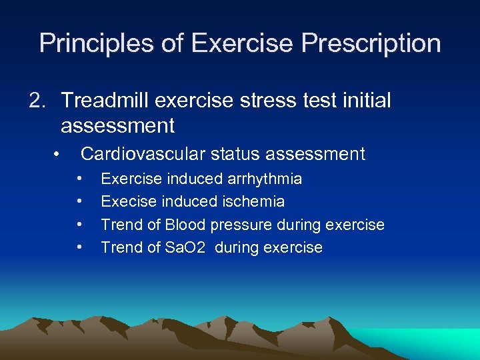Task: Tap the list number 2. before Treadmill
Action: [37, 101]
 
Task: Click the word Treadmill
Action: [106, 101]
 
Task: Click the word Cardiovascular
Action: [143, 154]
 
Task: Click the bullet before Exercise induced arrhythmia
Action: [79, 179]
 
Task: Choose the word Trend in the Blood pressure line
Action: [120, 225]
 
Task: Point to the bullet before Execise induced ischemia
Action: [79, 201]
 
